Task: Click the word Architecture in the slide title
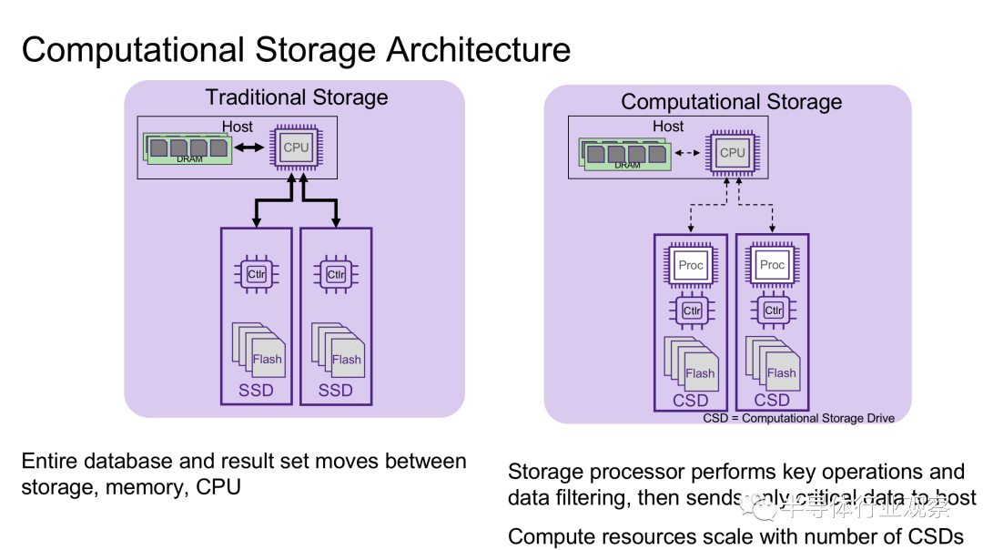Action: [479, 49]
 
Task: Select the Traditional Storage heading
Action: [297, 97]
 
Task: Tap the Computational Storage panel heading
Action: [732, 102]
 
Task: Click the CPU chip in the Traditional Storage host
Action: [296, 148]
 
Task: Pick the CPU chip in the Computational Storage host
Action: [732, 153]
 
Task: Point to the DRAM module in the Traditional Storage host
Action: [187, 148]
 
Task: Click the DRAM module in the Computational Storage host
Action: [625, 153]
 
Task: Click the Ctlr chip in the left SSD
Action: [257, 274]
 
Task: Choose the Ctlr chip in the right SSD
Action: [336, 274]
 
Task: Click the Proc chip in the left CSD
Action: [691, 265]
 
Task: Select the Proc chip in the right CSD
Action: [772, 264]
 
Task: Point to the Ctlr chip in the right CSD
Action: [773, 310]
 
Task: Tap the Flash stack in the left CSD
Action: [692, 365]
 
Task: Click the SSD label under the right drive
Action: [336, 391]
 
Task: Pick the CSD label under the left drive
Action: [691, 400]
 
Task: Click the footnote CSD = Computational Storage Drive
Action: [798, 418]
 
